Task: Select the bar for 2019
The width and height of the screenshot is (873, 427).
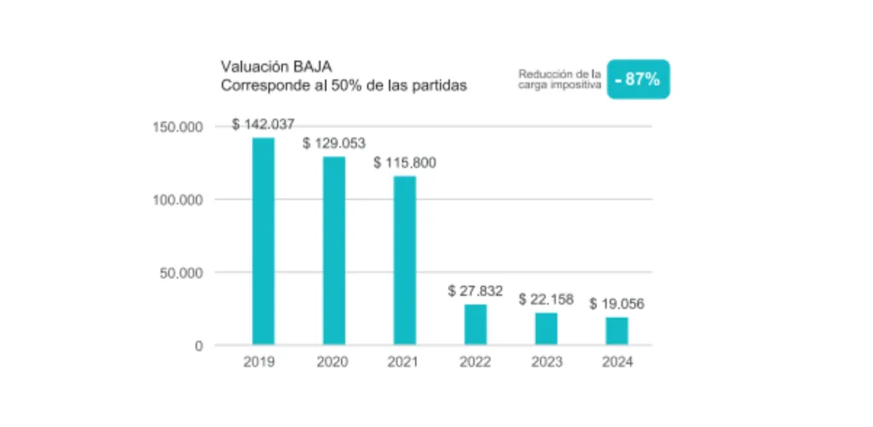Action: (263, 241)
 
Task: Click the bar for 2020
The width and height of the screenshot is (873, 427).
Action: (334, 251)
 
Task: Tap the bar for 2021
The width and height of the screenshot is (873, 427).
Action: (405, 260)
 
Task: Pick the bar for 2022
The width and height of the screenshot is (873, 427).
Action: (476, 325)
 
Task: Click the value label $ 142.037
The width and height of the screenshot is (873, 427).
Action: (263, 124)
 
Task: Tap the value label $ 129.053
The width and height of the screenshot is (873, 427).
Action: (334, 143)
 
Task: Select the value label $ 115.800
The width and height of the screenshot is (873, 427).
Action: (405, 163)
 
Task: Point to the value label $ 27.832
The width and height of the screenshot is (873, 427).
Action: (476, 291)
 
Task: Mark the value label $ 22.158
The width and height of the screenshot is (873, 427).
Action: (546, 300)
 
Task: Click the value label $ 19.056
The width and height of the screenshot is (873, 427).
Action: (617, 304)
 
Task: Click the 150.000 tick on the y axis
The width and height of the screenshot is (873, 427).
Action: (178, 127)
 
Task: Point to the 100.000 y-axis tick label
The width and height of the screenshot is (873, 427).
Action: (178, 199)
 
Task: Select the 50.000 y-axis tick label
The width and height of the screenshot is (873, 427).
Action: (182, 273)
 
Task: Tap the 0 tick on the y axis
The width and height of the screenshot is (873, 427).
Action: (198, 346)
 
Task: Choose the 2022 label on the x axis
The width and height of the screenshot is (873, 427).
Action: (476, 363)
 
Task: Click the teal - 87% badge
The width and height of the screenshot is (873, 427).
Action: (638, 79)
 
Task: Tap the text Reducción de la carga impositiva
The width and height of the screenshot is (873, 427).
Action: (559, 79)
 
